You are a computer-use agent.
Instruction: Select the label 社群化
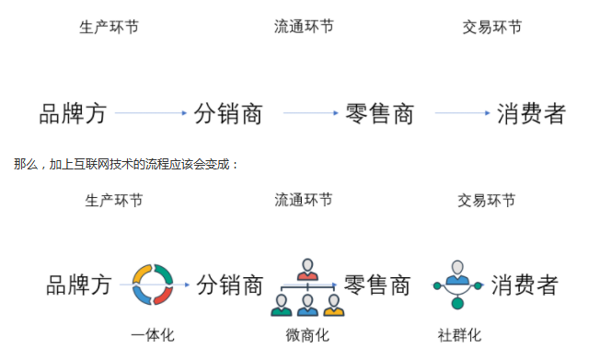pyautogui.click(x=459, y=335)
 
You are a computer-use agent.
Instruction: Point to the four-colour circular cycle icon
pyautogui.click(x=153, y=285)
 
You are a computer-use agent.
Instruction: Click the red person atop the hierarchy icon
pyautogui.click(x=307, y=270)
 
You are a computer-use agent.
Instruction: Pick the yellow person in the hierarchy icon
pyautogui.click(x=333, y=305)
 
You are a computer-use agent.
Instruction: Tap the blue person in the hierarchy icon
pyautogui.click(x=307, y=305)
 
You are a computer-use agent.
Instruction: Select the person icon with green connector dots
pyautogui.click(x=457, y=282)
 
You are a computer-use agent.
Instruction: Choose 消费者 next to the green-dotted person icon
pyautogui.click(x=524, y=284)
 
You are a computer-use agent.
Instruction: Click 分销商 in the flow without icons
pyautogui.click(x=228, y=113)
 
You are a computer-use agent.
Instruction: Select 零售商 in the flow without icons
pyautogui.click(x=379, y=113)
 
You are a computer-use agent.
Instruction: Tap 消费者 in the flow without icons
pyautogui.click(x=530, y=113)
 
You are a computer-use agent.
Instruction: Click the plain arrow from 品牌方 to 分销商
pyautogui.click(x=151, y=113)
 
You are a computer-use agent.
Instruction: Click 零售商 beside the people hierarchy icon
pyautogui.click(x=376, y=284)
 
